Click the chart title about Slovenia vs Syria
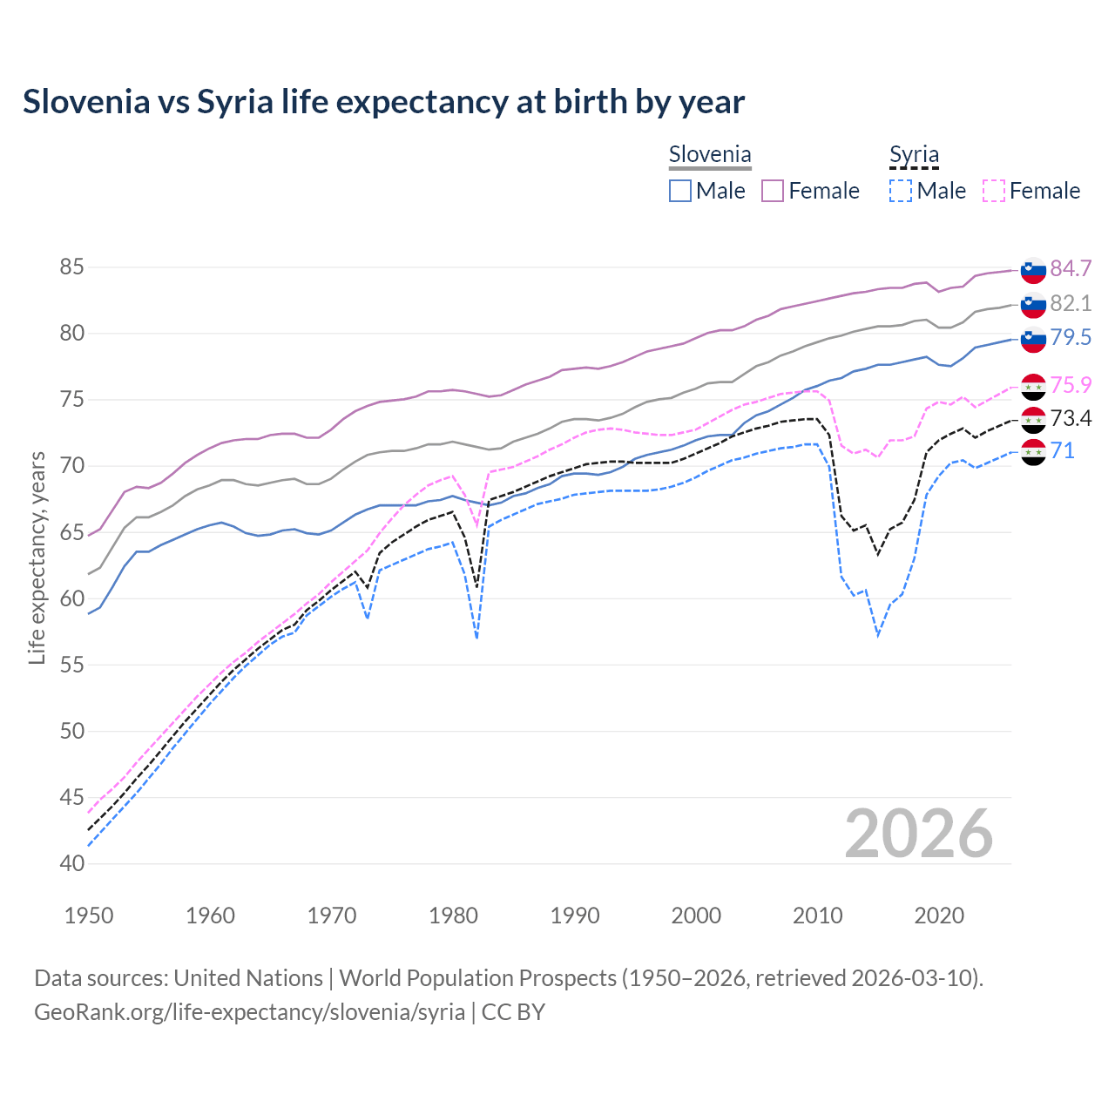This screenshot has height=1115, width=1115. point(383,102)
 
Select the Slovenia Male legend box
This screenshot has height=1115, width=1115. point(680,191)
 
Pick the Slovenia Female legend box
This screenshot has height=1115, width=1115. point(773,191)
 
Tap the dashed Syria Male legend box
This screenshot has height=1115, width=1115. point(901,191)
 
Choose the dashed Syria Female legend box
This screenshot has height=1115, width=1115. point(993,191)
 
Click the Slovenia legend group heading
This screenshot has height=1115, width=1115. point(710,155)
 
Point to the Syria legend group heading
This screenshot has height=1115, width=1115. point(914,155)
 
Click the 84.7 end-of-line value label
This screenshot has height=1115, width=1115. point(1071,268)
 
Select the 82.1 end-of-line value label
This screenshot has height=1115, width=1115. point(1071,303)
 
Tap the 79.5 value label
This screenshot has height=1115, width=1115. point(1071,337)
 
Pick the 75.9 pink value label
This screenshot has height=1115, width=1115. point(1071,385)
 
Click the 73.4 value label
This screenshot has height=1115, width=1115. point(1071,419)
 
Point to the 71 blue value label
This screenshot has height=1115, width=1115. point(1063,450)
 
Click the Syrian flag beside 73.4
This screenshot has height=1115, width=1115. point(1033,420)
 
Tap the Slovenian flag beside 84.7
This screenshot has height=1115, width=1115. point(1033,270)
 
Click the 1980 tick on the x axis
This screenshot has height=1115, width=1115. point(454,916)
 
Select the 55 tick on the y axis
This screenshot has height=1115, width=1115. point(72,665)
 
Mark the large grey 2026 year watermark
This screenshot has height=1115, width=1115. point(919,834)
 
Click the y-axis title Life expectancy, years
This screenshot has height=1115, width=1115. point(37,557)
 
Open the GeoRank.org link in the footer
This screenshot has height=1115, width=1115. point(249,1012)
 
